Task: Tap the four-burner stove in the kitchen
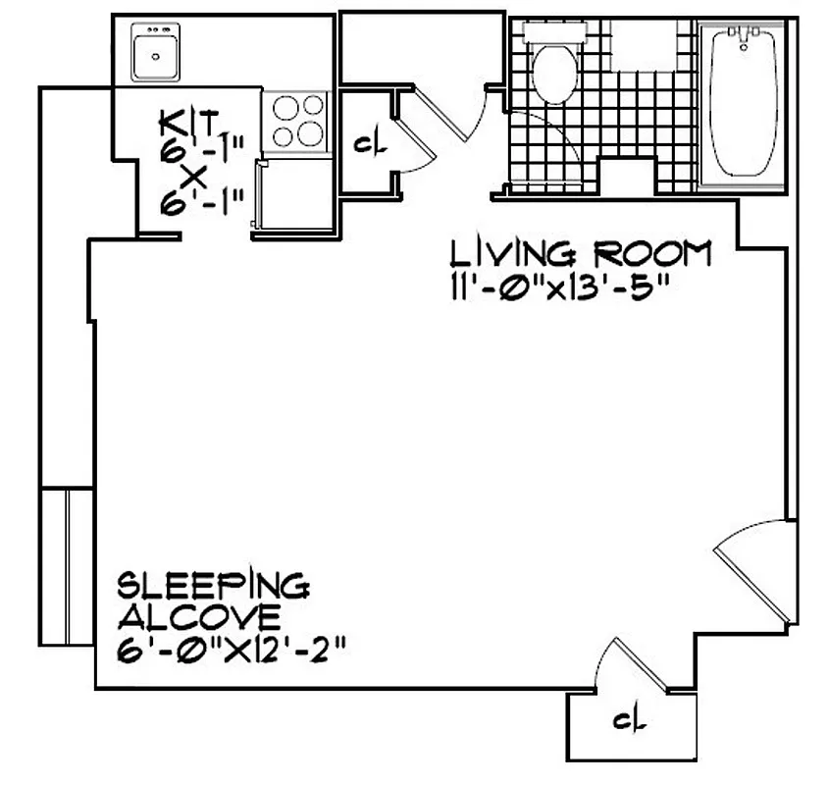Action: (x=297, y=120)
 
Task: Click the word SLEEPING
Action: (x=213, y=587)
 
